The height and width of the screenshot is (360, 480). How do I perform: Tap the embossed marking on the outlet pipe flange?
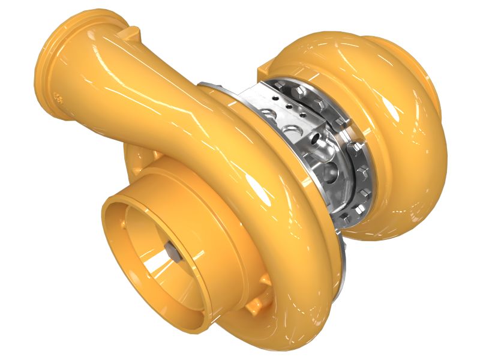(x=58, y=97)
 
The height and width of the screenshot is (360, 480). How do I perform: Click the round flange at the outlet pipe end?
(x=54, y=66)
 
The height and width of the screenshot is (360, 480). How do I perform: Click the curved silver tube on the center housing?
(x=321, y=150)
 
